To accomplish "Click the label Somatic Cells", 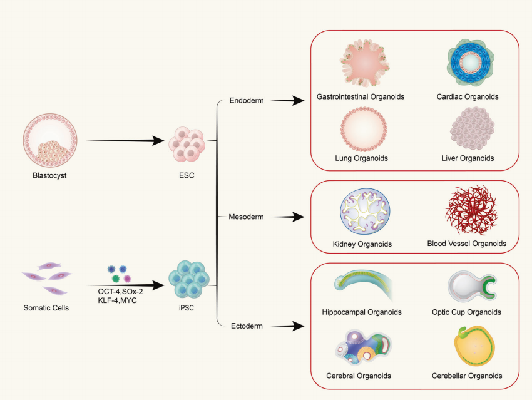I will point(46,308).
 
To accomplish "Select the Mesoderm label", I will point(247,217).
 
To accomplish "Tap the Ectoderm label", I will point(247,326).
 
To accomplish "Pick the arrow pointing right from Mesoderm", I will point(288,217).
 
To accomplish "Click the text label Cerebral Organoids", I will point(359,376).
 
